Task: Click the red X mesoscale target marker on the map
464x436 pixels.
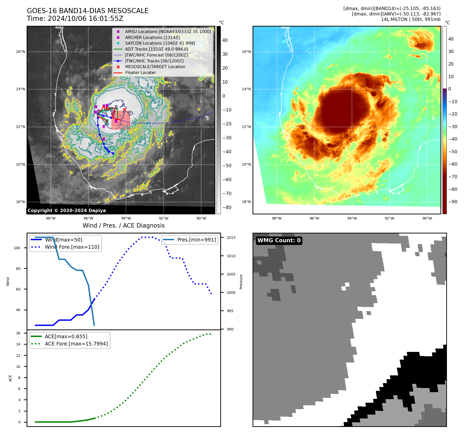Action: [124, 110]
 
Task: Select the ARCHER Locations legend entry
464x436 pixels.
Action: [152, 37]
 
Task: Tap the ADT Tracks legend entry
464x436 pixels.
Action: [156, 49]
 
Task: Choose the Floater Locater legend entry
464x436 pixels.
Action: [140, 73]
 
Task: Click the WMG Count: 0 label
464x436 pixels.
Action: [279, 240]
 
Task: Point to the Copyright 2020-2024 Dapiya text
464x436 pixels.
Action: [67, 211]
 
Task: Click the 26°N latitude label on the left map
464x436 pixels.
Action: [21, 52]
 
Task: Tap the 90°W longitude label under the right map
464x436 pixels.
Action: [427, 218]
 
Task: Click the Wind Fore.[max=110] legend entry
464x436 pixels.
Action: [72, 247]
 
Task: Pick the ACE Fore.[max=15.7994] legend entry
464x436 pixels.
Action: [76, 344]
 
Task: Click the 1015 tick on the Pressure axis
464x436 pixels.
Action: [231, 238]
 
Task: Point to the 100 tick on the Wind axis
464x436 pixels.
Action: [17, 248]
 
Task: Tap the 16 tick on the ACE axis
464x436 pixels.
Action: [18, 333]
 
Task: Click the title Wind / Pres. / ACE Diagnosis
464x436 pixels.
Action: [123, 225]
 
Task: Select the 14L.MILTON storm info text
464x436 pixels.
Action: [411, 19]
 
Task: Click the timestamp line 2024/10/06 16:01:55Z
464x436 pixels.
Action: [75, 19]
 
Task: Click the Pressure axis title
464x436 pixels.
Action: [241, 282]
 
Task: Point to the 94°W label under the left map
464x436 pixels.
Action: [126, 218]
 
